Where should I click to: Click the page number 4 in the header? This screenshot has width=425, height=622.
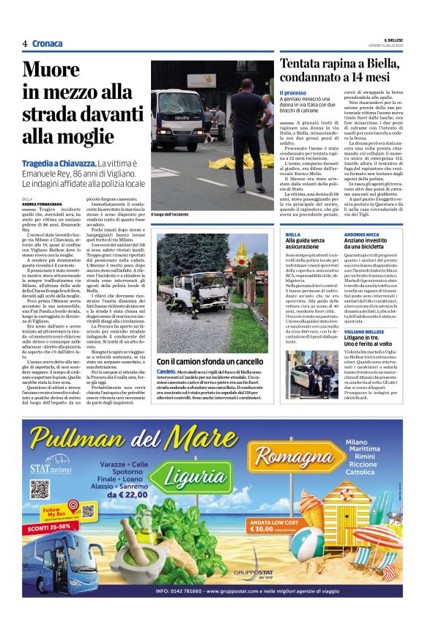pyautogui.click(x=24, y=44)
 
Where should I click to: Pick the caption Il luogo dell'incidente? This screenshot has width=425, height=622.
pyautogui.click(x=170, y=214)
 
